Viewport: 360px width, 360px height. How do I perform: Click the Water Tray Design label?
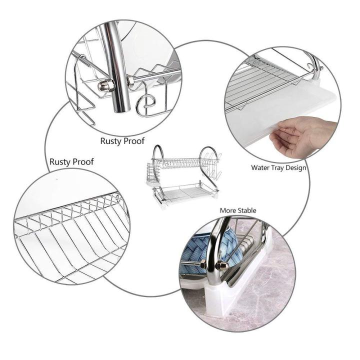[x=278, y=168]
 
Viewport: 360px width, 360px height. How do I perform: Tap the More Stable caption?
[x=238, y=210]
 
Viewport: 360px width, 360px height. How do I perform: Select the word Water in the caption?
[x=260, y=168]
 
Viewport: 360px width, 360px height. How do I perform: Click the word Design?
[x=296, y=168]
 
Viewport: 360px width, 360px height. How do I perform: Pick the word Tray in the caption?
[x=278, y=168]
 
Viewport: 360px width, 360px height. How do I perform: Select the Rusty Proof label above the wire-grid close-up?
[x=71, y=162]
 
